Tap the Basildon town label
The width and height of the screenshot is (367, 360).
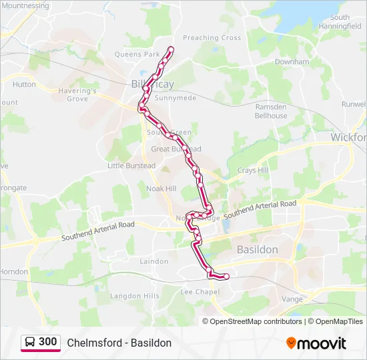coord(258,249)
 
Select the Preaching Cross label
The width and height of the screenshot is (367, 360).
coord(212,38)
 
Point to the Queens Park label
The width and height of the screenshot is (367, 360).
coord(137,54)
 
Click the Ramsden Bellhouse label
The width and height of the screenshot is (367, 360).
coord(271,111)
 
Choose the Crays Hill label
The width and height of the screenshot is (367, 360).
coord(253,171)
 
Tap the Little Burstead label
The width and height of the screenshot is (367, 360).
coord(131,166)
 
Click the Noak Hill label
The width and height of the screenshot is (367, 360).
coord(161,189)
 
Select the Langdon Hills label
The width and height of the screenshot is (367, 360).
coord(135,295)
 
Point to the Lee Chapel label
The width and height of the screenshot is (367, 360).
coord(200,292)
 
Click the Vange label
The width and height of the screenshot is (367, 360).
coord(293,300)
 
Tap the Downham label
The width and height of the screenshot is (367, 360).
coord(292,62)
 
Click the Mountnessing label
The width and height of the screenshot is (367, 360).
coord(25,5)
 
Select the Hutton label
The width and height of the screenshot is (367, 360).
coord(24,85)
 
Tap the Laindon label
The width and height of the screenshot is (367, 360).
coord(154,261)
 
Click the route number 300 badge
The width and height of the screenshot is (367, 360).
coord(41,342)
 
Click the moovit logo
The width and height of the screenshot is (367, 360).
coord(316,343)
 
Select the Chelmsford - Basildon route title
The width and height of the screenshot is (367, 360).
coord(119,343)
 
